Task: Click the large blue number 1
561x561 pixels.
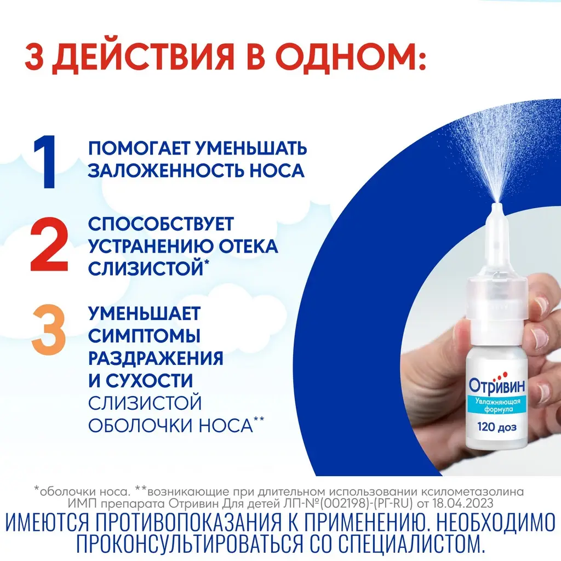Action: [x=45, y=162]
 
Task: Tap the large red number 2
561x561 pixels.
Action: [x=49, y=244]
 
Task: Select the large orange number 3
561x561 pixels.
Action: [x=49, y=329]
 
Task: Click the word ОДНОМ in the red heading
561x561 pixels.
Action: [x=351, y=56]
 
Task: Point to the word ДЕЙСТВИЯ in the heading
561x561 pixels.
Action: [x=143, y=57]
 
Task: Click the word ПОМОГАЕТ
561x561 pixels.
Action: [x=139, y=148]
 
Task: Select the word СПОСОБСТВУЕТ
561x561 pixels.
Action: [x=161, y=224]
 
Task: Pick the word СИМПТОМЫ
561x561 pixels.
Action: [x=144, y=336]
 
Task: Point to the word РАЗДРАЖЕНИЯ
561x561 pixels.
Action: [x=156, y=359]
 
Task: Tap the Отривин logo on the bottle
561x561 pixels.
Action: [x=497, y=385]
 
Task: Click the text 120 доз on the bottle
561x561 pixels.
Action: [x=497, y=427]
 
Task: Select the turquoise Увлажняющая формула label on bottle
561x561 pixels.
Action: [x=497, y=405]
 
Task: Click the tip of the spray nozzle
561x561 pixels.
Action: [x=497, y=205]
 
